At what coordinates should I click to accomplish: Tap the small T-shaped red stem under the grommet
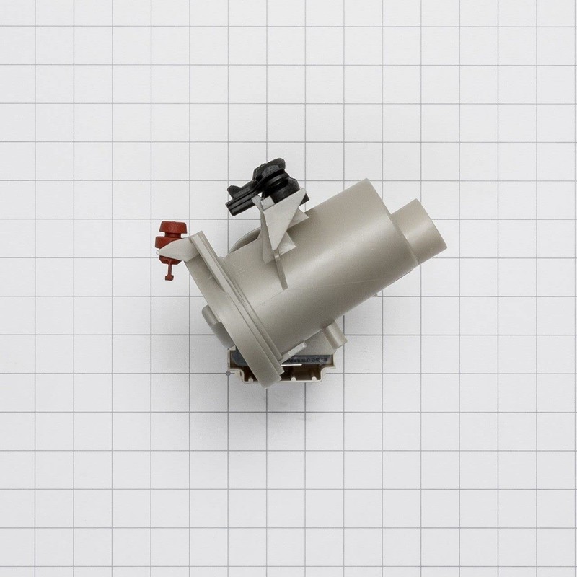[x=167, y=268]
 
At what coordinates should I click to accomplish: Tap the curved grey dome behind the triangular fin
[x=245, y=242]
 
